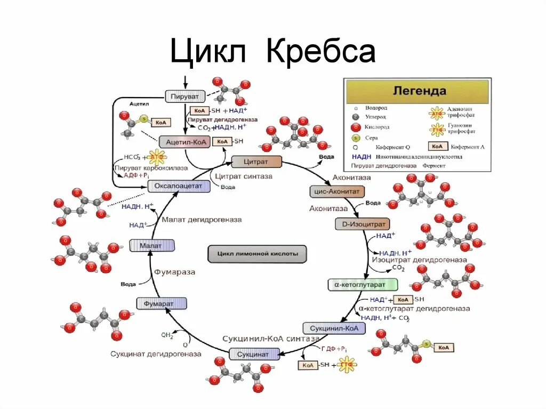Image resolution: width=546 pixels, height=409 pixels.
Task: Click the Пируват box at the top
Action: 184,97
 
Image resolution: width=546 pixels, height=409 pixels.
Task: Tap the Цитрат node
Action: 256,161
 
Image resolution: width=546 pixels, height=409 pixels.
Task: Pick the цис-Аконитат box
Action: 336,191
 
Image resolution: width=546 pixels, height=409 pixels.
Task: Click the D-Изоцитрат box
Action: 363,223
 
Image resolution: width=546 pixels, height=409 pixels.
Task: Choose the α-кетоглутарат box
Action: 363,285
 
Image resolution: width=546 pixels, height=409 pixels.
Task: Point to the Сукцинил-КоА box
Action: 334,328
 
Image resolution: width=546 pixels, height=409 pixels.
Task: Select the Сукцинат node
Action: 254,354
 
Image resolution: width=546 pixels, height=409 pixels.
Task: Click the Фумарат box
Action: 162,303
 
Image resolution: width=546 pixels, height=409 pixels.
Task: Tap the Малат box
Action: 152,245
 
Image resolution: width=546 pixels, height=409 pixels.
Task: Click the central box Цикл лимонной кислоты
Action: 257,254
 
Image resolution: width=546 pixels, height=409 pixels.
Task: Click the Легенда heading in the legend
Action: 419,91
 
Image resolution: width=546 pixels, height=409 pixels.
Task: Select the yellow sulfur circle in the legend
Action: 355,138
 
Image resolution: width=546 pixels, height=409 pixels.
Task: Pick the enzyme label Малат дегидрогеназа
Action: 202,219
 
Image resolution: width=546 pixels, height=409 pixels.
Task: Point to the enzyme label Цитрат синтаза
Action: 244,176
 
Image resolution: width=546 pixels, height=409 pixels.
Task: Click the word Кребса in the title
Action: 320,52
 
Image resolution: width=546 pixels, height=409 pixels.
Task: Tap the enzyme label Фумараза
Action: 174,272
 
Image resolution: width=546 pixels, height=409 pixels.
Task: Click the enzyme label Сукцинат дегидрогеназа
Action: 156,354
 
